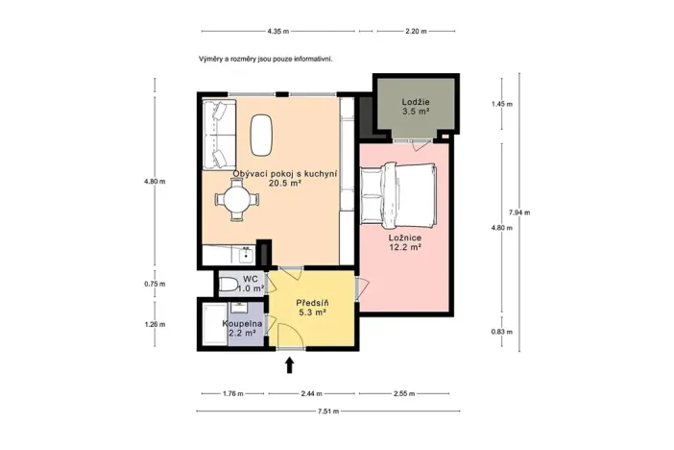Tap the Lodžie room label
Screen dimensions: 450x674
coord(416,107)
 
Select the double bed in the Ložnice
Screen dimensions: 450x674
coord(397,189)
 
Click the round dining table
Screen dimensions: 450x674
coord(236,201)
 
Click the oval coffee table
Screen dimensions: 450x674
coord(262,135)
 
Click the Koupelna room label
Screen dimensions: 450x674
coord(243,329)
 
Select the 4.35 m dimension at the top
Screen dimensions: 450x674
coord(280,31)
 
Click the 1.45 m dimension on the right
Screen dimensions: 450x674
coord(501,104)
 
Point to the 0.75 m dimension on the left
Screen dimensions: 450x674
coord(155,284)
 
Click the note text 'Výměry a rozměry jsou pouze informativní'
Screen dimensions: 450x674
coord(265,58)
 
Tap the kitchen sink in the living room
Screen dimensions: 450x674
coord(247,255)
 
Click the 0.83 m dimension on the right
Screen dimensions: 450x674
coord(501,332)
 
